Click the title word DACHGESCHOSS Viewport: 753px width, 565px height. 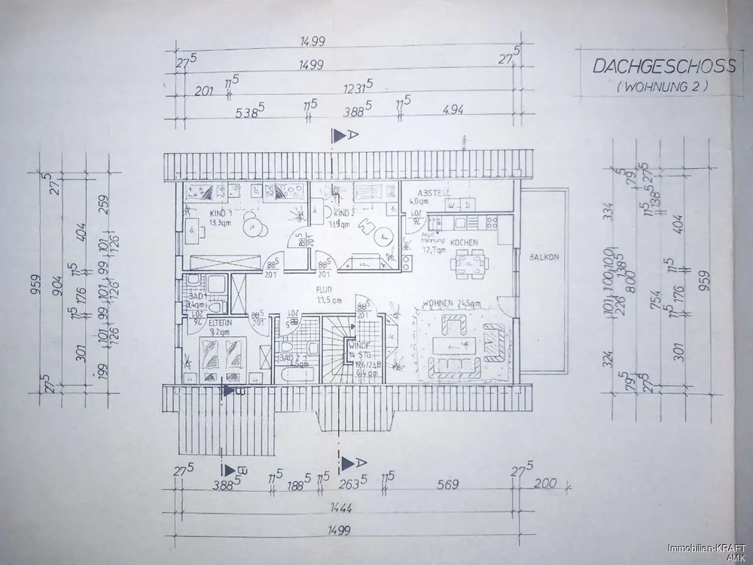663,66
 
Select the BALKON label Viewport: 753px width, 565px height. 542,256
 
